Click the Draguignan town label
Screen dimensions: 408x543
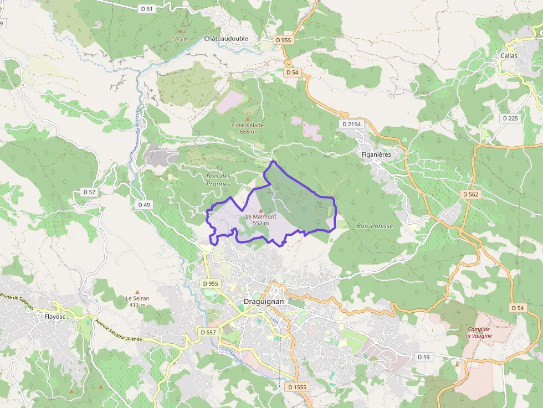pyautogui.click(x=264, y=302)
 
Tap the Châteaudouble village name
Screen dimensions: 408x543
pyautogui.click(x=226, y=39)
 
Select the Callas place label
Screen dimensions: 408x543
pyautogui.click(x=509, y=56)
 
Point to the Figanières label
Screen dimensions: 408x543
pyautogui.click(x=376, y=154)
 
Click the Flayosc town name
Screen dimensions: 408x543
pyautogui.click(x=55, y=317)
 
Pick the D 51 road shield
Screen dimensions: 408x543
pyautogui.click(x=146, y=9)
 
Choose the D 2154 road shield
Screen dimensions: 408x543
pyautogui.click(x=351, y=124)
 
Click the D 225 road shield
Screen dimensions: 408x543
pyautogui.click(x=510, y=118)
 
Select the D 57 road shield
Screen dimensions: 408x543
pyautogui.click(x=89, y=192)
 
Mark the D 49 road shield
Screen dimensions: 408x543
pyautogui.click(x=144, y=205)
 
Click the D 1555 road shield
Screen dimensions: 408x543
pyautogui.click(x=296, y=388)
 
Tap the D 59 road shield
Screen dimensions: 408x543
pyautogui.click(x=423, y=357)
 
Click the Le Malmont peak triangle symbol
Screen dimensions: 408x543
pyautogui.click(x=260, y=210)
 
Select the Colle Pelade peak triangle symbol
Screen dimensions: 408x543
pyautogui.click(x=248, y=118)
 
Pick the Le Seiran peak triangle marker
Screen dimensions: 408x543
pyautogui.click(x=137, y=291)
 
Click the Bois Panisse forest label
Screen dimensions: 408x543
pyautogui.click(x=375, y=226)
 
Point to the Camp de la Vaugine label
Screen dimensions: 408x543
pyautogui.click(x=479, y=332)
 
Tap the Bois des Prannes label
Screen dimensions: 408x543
pyautogui.click(x=218, y=180)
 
